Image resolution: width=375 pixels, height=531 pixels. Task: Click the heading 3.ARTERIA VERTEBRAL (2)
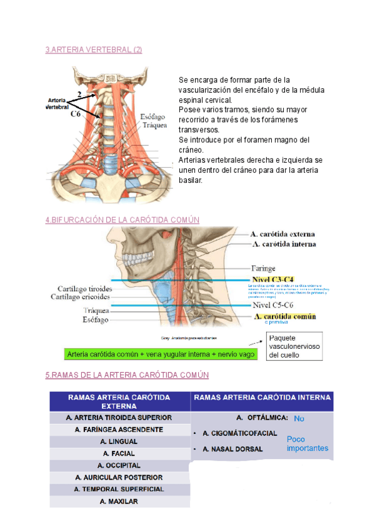coord(94,50)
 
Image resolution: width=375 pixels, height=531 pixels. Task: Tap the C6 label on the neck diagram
coord(75,115)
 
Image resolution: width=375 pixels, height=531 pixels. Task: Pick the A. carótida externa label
coord(284,234)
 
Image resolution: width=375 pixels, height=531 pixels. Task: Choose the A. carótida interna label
coord(284,244)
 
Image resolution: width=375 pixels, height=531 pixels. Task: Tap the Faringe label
coord(263,268)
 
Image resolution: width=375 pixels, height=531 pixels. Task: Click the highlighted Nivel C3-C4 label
coord(272,279)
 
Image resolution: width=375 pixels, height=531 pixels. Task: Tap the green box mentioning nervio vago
coord(151,354)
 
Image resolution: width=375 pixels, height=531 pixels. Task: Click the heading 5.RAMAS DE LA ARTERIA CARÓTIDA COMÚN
coord(126,374)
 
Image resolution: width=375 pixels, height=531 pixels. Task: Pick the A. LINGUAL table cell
coord(119,441)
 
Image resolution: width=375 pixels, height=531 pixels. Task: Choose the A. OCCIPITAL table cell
coord(119,465)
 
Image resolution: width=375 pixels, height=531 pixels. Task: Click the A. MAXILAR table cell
coord(119,502)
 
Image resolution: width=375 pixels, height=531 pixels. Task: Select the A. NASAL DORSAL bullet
coord(232,449)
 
